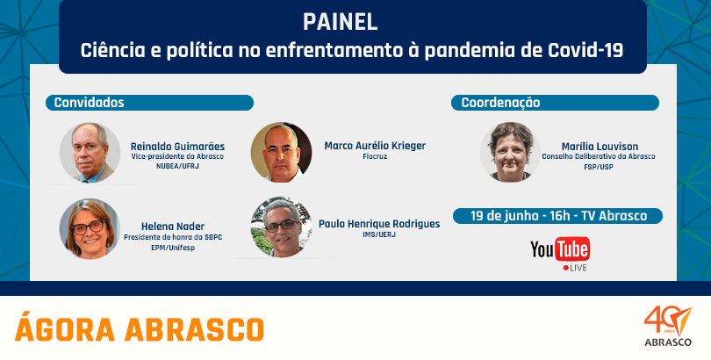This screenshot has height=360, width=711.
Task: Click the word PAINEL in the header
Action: (340, 22)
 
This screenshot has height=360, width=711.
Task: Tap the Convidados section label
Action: (89, 103)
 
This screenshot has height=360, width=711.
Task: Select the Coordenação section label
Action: (500, 103)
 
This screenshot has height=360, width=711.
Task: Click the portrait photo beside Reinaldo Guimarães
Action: (90, 153)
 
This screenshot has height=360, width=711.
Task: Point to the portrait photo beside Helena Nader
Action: (90, 229)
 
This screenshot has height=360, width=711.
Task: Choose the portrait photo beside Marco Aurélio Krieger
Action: (281, 152)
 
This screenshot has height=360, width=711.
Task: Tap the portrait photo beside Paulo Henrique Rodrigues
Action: (282, 227)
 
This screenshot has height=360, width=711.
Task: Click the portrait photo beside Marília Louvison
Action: (511, 152)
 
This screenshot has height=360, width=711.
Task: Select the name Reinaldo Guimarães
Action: (177, 147)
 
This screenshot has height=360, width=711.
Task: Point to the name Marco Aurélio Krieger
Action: (375, 146)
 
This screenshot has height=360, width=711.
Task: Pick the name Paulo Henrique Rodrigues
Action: (379, 224)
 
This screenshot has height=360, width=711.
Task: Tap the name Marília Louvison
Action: (600, 147)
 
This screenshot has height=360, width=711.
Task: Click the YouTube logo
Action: (560, 248)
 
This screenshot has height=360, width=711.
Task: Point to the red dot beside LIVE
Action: (565, 268)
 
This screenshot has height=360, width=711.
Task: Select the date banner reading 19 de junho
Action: (557, 216)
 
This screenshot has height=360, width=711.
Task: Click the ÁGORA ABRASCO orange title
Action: (140, 328)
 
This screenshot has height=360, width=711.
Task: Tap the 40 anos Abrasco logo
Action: (668, 326)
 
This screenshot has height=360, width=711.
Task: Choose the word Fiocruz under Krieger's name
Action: (375, 157)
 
